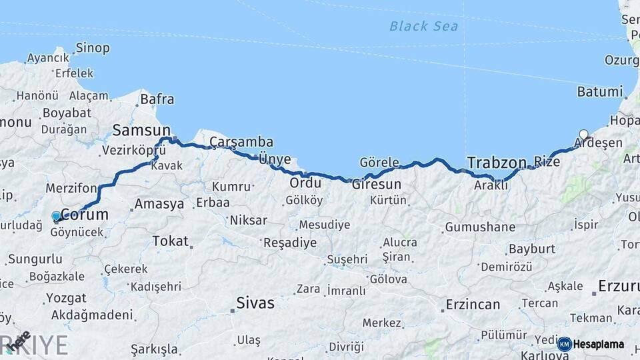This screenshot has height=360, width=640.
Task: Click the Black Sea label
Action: [x=424, y=26]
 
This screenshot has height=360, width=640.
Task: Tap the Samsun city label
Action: [x=141, y=129]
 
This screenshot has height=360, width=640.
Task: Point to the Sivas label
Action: [x=255, y=303]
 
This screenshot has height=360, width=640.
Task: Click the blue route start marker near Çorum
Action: [x=56, y=216]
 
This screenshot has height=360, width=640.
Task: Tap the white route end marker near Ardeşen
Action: [x=584, y=134]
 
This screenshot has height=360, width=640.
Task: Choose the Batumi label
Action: [x=599, y=92]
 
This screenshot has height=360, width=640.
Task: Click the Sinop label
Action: [x=93, y=48]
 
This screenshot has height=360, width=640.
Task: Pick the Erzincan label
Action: [x=473, y=305]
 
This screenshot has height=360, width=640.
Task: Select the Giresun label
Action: [x=377, y=184]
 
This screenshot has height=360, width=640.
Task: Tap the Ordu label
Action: [x=305, y=183]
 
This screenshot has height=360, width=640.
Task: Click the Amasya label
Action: [x=159, y=204]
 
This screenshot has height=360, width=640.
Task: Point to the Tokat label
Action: [x=170, y=241]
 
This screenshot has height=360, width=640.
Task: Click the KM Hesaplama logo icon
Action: [x=565, y=344]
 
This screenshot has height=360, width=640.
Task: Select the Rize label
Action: [x=547, y=161]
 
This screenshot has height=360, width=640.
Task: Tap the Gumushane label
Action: [x=480, y=227]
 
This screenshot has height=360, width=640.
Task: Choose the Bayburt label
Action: [x=531, y=249]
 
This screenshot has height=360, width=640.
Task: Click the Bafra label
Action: [x=157, y=100]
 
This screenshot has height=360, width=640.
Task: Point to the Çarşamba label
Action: [x=241, y=142]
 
